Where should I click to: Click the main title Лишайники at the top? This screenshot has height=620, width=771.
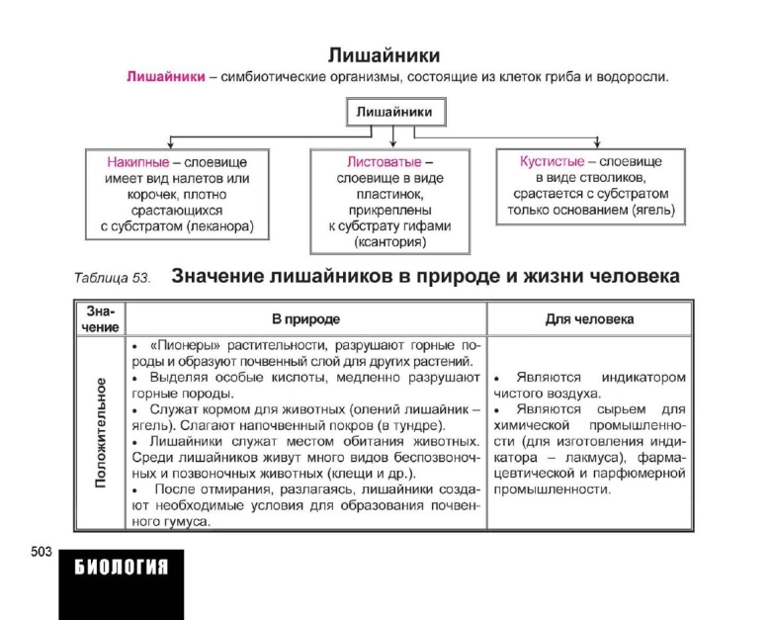384,54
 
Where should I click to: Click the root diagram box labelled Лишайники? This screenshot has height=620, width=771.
393,113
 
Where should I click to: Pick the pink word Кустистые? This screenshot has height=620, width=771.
552,161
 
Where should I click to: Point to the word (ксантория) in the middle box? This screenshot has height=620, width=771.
393,242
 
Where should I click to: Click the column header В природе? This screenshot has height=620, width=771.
305,319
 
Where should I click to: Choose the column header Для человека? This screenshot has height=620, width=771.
590,319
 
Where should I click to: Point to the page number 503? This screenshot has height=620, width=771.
40,552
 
